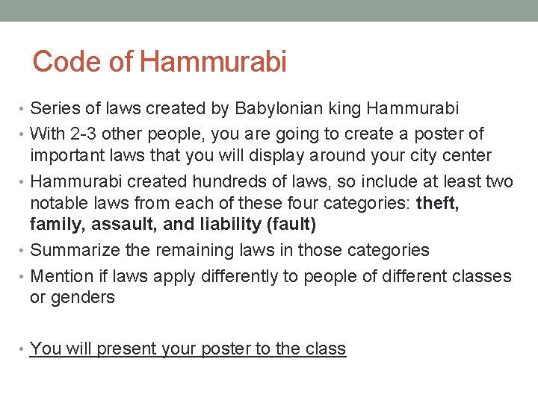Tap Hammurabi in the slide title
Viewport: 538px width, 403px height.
[213, 62]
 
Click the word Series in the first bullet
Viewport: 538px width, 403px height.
[55, 108]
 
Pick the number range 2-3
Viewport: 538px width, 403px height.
[79, 134]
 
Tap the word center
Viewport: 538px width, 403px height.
[467, 155]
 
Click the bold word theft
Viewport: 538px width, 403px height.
[437, 203]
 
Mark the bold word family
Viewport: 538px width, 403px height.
[55, 224]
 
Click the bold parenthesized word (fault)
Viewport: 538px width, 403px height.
[291, 224]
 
